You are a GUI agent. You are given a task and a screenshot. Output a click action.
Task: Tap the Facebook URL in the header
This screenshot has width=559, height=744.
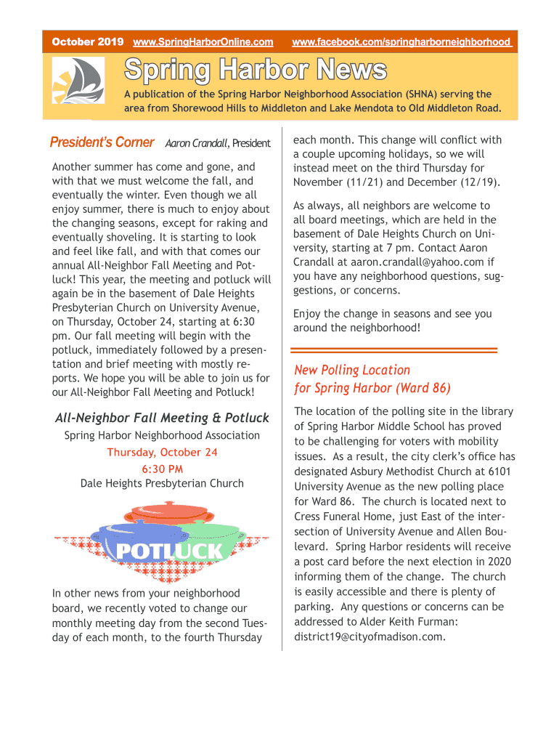(x=401, y=42)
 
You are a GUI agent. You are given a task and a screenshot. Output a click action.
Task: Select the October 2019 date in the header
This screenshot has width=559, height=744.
(x=87, y=42)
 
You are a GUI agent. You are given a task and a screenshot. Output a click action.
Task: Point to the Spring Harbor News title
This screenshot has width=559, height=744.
(x=256, y=70)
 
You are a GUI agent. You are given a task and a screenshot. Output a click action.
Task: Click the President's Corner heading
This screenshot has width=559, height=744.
(x=102, y=142)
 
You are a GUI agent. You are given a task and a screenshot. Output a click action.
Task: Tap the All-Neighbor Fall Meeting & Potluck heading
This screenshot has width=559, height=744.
(x=162, y=418)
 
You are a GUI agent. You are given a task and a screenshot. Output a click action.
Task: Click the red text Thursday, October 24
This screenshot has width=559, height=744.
(x=162, y=452)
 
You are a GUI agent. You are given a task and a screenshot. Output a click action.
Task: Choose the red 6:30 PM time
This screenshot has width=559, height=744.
(x=162, y=469)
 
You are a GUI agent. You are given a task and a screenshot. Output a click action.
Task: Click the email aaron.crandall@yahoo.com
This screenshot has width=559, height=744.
(x=417, y=262)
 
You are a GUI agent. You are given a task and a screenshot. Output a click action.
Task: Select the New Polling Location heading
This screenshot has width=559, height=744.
(x=352, y=370)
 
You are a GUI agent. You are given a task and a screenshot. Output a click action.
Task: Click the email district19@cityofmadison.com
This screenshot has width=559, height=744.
(x=369, y=636)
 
